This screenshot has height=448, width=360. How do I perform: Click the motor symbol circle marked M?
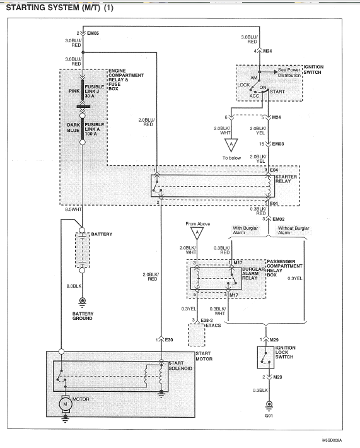pos(65,404)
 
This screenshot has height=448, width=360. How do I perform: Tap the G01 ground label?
pos(269,415)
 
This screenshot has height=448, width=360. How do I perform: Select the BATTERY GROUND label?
pos(83,316)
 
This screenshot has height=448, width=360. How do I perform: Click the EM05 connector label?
pos(93,33)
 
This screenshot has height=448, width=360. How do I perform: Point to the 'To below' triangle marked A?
pos(231,145)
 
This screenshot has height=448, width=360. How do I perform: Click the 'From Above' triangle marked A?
pos(197,233)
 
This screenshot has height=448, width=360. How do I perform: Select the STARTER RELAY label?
pos(286,179)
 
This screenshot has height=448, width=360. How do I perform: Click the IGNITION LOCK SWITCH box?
pos(265,357)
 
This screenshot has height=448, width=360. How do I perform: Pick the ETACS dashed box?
pos(197,335)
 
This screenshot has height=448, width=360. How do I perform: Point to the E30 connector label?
pos(169,339)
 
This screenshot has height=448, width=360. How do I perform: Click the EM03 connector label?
pos(278,144)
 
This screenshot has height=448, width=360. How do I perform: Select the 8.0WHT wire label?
pos(73,209)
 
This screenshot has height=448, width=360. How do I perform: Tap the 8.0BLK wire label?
pos(74,286)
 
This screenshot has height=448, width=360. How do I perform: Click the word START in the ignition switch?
pos(277,91)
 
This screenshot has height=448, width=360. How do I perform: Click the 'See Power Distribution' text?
pos(289,73)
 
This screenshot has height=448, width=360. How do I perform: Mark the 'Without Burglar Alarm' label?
pos(293,230)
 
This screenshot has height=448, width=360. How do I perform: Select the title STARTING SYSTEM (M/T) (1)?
pos(60,8)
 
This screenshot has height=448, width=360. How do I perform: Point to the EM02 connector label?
pos(278,219)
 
